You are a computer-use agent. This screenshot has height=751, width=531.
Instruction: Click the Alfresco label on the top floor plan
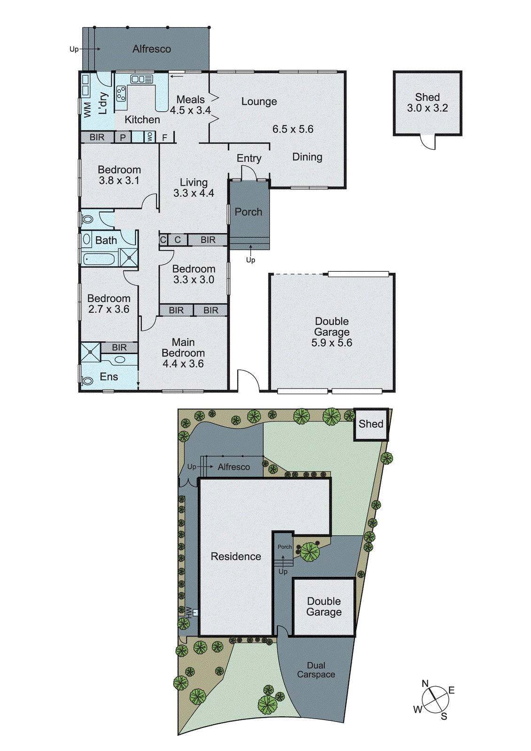(151, 49)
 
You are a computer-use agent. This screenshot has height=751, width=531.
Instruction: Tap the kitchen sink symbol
(141, 79)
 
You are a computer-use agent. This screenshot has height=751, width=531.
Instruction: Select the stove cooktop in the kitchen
(121, 93)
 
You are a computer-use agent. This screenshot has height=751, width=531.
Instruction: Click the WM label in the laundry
(87, 110)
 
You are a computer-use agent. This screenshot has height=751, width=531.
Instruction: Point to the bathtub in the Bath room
(99, 259)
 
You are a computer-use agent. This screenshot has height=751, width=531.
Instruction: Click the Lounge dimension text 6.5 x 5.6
(292, 129)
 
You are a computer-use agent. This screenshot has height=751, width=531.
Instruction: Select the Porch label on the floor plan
(248, 212)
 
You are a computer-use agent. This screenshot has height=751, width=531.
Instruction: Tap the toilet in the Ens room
(87, 380)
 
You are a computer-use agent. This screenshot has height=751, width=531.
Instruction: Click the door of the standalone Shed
(428, 142)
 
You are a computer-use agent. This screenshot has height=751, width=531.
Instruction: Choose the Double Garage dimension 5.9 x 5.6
(331, 343)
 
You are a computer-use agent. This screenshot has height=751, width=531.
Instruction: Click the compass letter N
(425, 683)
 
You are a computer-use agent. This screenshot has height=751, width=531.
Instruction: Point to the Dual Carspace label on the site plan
(316, 670)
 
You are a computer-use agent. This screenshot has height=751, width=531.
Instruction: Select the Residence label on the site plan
(236, 557)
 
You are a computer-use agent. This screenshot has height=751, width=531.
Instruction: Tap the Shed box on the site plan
(371, 424)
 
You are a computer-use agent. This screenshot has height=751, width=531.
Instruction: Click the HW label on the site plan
(189, 612)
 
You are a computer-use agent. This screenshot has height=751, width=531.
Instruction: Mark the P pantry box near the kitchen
(123, 138)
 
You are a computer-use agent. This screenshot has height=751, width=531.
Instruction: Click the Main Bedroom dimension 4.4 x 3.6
(183, 364)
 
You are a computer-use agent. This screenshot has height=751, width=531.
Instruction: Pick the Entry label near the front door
(249, 159)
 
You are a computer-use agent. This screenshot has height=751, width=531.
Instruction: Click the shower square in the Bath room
(129, 258)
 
